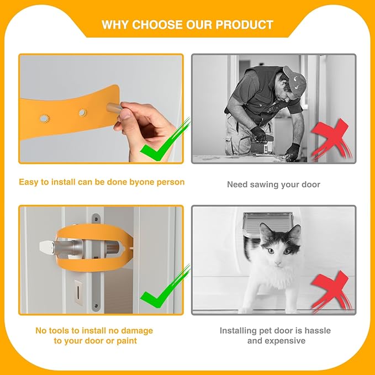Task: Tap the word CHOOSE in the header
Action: coord(157,25)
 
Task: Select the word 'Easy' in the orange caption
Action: coord(29,182)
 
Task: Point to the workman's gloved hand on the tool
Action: coord(257,134)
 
